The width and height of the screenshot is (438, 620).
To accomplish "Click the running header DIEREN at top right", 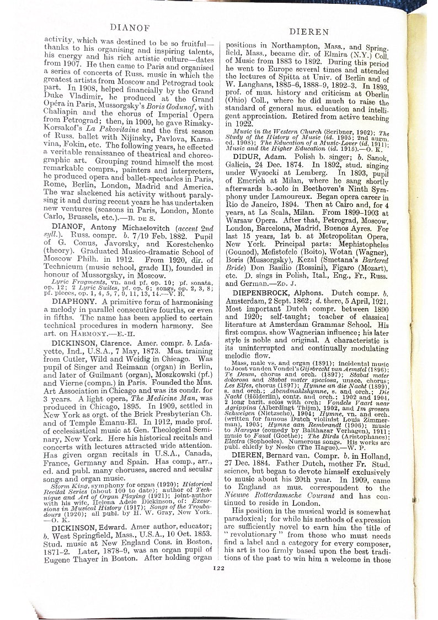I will (x=308, y=32).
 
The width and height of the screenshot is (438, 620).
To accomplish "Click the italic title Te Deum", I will (x=240, y=374).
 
